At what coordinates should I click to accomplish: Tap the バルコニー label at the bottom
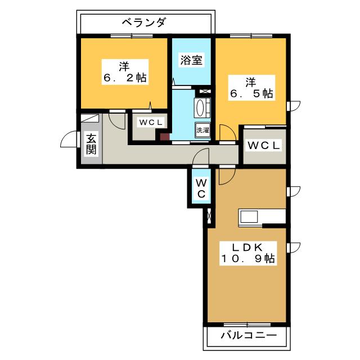coord(248,335)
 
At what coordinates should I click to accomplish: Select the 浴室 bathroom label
coord(191,60)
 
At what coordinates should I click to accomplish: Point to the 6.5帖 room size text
coord(251,93)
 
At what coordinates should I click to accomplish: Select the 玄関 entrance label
coord(91,144)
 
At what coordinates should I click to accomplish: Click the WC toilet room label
coord(201,188)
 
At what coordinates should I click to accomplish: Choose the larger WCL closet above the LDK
coord(264,145)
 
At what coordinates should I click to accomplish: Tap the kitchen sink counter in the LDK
coord(249,217)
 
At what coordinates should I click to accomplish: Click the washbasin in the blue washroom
coord(202,107)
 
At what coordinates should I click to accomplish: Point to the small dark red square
coord(164,136)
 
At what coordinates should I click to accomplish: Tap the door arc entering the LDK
coord(227,175)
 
